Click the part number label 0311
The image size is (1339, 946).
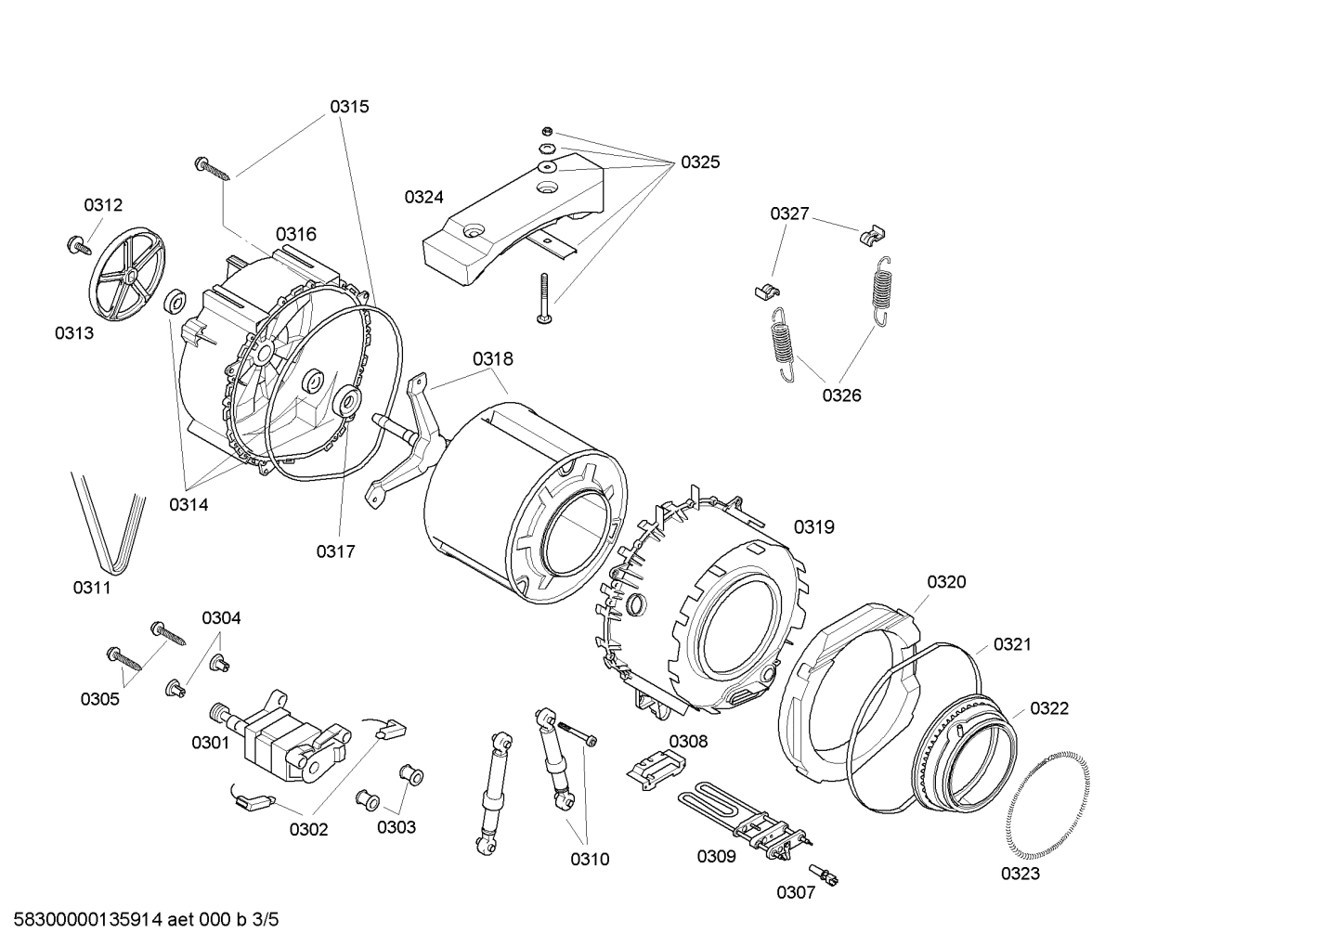[92, 588]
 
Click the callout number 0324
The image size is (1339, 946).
[423, 197]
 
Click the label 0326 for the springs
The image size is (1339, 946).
[841, 395]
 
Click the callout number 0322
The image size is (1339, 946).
[1049, 708]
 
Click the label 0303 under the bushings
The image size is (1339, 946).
[396, 827]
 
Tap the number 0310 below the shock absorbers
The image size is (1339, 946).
[590, 860]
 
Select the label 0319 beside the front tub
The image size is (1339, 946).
[813, 527]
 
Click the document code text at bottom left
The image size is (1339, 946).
[139, 921]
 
